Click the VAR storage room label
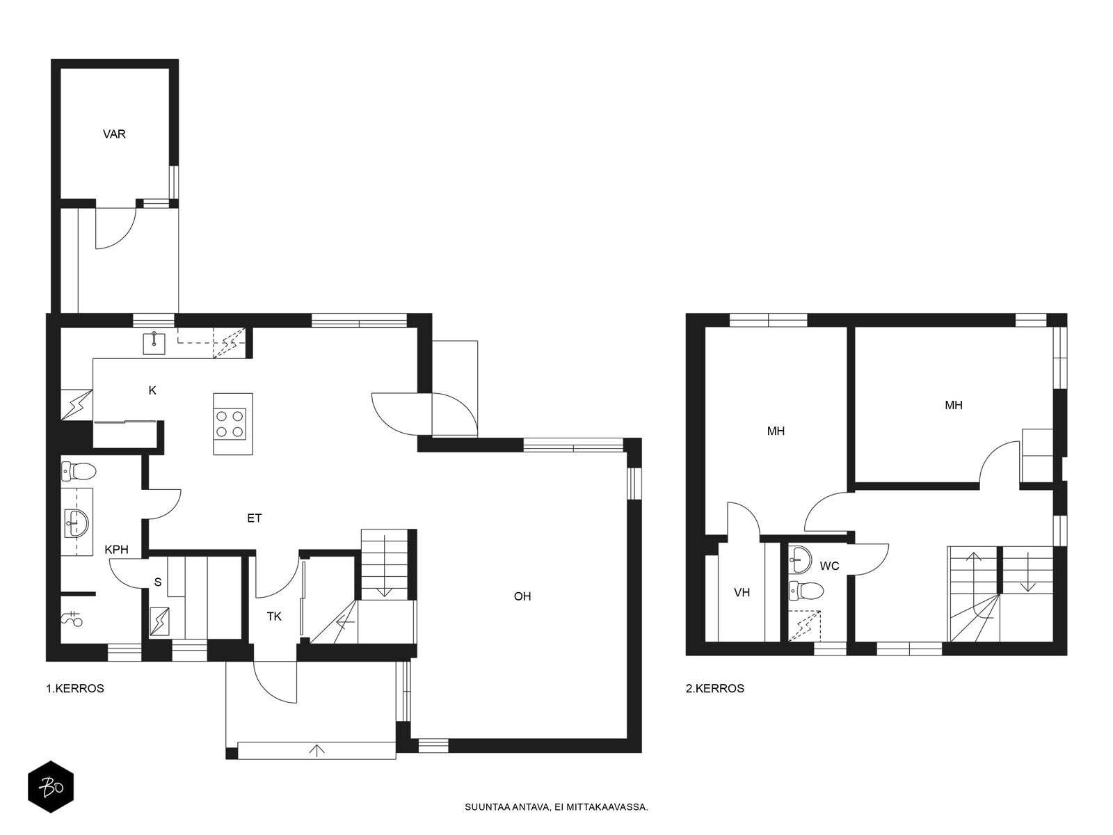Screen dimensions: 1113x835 [x=114, y=134]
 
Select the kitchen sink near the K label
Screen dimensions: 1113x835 [x=154, y=343]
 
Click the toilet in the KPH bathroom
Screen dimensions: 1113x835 [x=79, y=471]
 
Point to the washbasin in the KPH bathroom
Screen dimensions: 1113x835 [x=77, y=522]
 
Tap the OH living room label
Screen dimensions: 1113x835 [x=522, y=596]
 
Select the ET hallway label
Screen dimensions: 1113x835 [x=255, y=518]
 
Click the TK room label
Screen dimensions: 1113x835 [x=274, y=617]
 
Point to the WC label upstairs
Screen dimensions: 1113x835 [x=830, y=566]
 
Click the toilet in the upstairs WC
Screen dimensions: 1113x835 [x=806, y=589]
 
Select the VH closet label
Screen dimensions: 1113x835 [x=742, y=592]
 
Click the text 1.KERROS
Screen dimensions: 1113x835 [x=75, y=688]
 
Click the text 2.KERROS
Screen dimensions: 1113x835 [x=715, y=688]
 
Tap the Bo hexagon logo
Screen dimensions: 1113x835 [x=51, y=788]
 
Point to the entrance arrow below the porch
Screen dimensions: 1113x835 [x=317, y=750]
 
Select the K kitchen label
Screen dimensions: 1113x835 [x=152, y=390]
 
